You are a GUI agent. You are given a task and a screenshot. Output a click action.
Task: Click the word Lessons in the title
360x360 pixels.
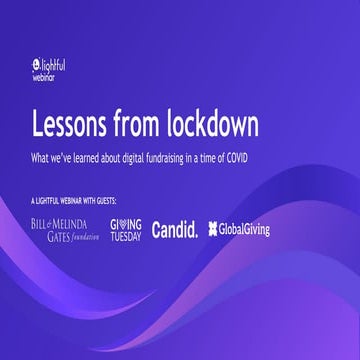[x=68, y=125]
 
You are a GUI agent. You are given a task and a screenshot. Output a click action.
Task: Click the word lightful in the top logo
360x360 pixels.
[x=60, y=62]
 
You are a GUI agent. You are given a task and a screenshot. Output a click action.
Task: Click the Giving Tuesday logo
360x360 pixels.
[x=125, y=229]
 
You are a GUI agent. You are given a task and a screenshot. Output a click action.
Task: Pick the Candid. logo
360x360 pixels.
[x=174, y=229]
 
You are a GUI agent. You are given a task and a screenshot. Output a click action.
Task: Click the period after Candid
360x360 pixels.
[x=195, y=234]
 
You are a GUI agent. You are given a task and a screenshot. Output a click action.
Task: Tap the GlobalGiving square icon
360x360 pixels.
[x=214, y=229]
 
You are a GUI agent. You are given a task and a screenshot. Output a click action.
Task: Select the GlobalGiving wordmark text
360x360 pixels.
[x=245, y=229]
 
